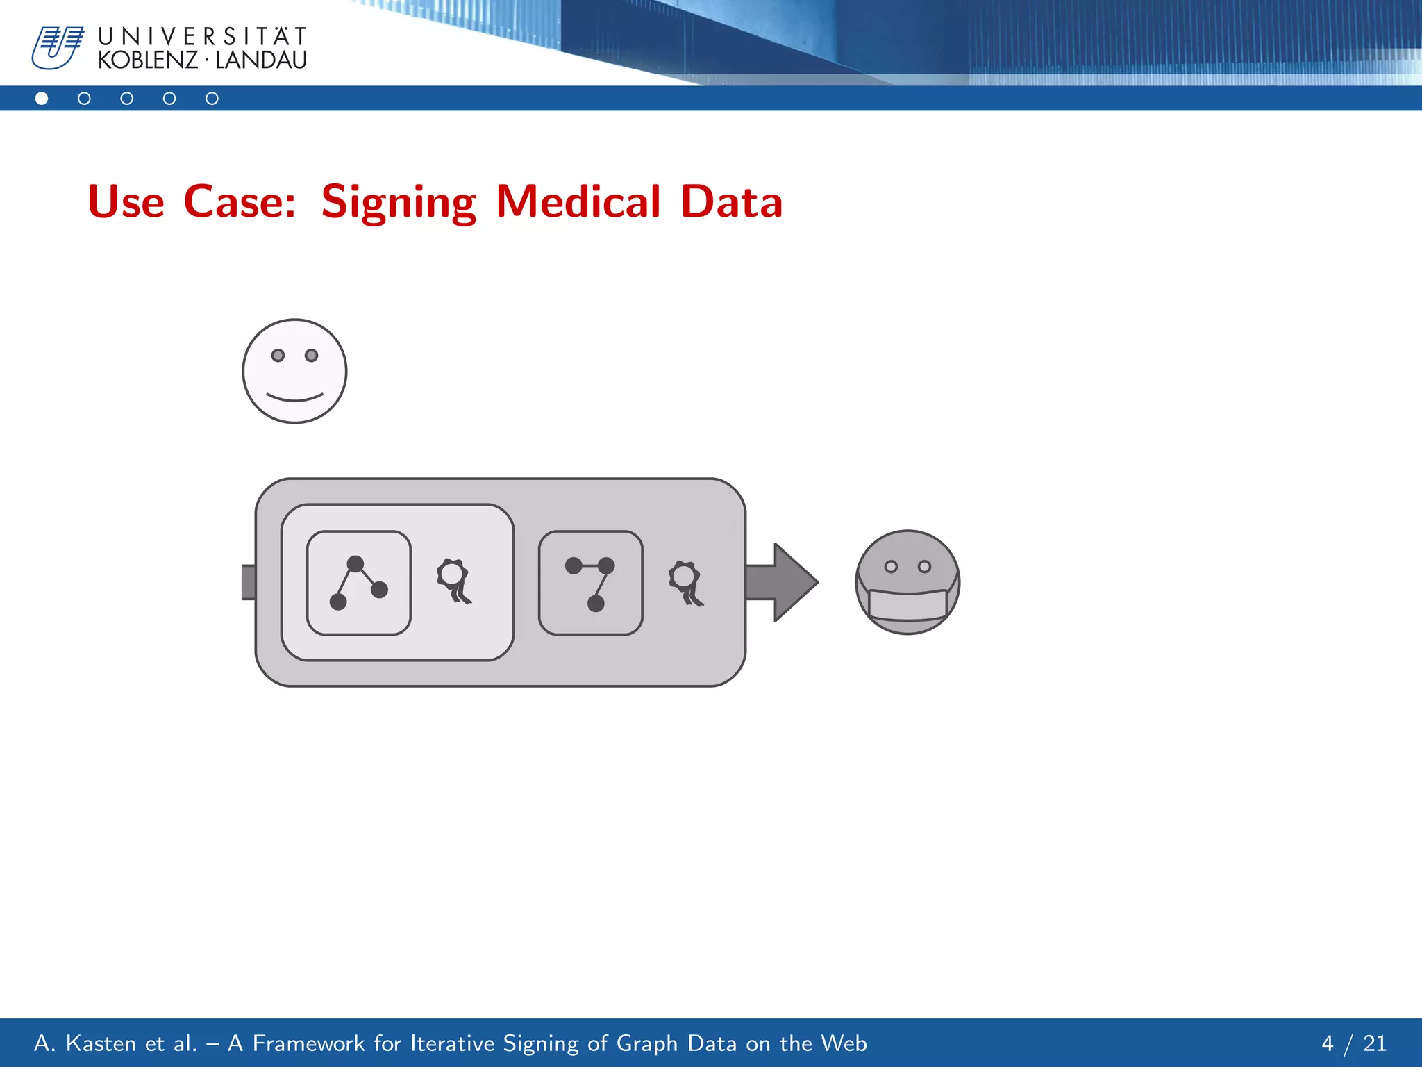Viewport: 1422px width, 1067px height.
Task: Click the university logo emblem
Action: [58, 47]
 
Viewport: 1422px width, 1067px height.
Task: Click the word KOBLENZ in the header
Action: [147, 60]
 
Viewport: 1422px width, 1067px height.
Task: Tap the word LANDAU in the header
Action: [261, 60]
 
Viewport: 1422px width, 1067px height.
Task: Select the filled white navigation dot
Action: [42, 99]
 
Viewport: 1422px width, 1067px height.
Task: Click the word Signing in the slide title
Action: [399, 202]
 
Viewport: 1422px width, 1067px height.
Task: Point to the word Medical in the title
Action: [578, 202]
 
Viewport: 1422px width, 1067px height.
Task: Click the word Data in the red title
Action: [731, 202]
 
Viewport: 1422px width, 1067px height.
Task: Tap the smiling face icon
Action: [294, 371]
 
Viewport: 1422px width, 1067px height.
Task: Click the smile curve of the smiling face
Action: [294, 398]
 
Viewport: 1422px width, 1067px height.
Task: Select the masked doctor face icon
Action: [907, 582]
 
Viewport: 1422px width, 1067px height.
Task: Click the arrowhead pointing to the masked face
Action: [794, 582]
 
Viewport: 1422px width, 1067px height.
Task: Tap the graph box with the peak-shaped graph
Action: [359, 583]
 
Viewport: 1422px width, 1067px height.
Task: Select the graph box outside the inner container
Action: [591, 583]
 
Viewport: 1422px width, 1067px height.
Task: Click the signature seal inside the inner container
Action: [454, 581]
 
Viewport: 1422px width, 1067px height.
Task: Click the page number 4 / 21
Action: [1353, 1043]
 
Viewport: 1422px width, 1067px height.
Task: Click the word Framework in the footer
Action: [308, 1043]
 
